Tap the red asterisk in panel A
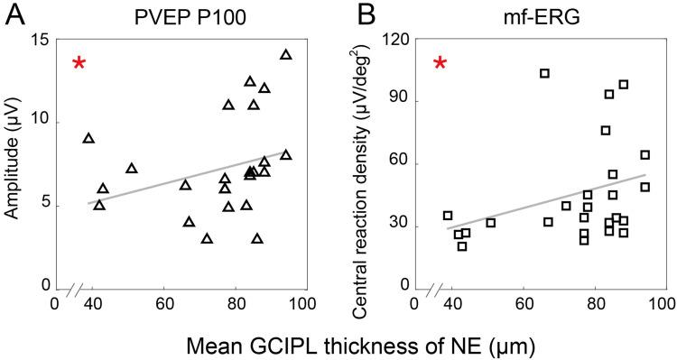(79, 63)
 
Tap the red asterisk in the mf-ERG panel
(440, 63)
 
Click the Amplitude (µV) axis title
(15, 163)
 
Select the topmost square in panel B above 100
(544, 73)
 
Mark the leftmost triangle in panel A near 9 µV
(88, 138)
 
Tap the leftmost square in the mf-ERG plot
(448, 216)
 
